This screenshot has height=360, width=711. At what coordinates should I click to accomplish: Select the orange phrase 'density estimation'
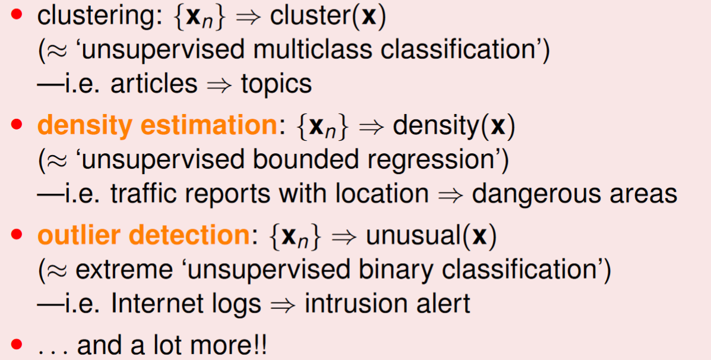point(157,125)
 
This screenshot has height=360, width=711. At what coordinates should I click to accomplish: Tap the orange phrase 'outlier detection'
point(143,235)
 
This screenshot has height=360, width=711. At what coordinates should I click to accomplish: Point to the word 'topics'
point(276,84)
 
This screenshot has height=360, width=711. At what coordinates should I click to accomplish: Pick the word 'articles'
point(154,84)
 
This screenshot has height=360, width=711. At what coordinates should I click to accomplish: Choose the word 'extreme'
point(124,271)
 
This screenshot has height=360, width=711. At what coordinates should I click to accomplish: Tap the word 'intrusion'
point(363,304)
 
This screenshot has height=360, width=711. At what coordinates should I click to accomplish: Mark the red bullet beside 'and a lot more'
point(16,345)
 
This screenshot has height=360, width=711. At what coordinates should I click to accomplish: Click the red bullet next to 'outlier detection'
point(16,235)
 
